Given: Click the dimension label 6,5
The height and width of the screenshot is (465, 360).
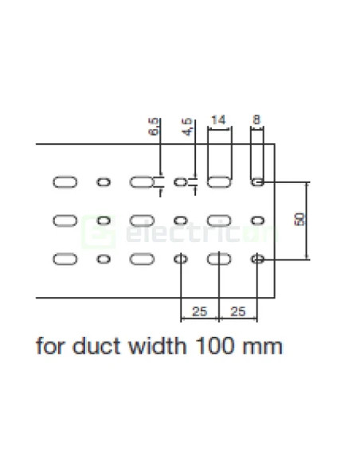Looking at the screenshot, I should click(x=154, y=127).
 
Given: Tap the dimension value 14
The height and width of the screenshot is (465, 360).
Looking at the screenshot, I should click(x=218, y=121).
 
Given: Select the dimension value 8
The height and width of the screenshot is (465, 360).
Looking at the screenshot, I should click(x=256, y=121).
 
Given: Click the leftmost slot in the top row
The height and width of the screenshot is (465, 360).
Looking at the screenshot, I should click(x=65, y=182).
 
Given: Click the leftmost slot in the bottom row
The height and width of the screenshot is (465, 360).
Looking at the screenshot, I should click(x=65, y=259).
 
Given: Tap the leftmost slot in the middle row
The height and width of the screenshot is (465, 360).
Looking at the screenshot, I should click(x=65, y=220).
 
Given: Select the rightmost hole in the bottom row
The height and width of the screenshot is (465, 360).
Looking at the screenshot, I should click(x=257, y=259).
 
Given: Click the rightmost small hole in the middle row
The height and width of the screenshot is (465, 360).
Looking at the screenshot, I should click(x=257, y=220).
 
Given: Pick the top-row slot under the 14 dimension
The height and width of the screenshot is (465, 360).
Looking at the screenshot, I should click(x=218, y=182).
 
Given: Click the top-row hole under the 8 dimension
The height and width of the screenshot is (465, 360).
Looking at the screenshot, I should click(x=257, y=182).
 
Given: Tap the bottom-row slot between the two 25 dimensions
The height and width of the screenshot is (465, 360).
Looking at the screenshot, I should click(x=218, y=259).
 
